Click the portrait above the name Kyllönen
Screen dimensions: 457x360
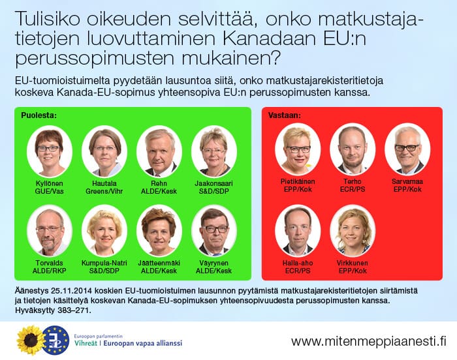(x=49, y=151)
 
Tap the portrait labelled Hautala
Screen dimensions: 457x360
(x=104, y=151)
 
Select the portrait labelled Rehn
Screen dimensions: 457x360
(x=159, y=151)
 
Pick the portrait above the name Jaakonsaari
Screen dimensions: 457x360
(x=214, y=151)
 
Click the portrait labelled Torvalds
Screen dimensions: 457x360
(x=49, y=231)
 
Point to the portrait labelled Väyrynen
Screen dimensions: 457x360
(x=214, y=231)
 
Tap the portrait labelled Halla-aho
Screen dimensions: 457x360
(x=298, y=231)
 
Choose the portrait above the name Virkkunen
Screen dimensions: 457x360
(x=353, y=231)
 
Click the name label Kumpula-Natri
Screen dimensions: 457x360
(x=104, y=263)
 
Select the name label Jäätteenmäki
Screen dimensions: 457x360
(x=159, y=263)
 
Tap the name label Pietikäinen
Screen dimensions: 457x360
(x=298, y=181)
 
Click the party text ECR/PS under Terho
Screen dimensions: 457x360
(x=353, y=189)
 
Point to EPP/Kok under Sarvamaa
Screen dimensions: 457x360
(x=407, y=189)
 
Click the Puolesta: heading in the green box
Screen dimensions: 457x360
(x=39, y=115)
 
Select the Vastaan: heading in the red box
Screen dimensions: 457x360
(x=285, y=115)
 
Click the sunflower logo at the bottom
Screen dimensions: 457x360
(x=31, y=340)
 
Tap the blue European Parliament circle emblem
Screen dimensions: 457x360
(x=55, y=340)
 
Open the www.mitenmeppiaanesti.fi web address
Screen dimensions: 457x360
(x=369, y=341)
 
